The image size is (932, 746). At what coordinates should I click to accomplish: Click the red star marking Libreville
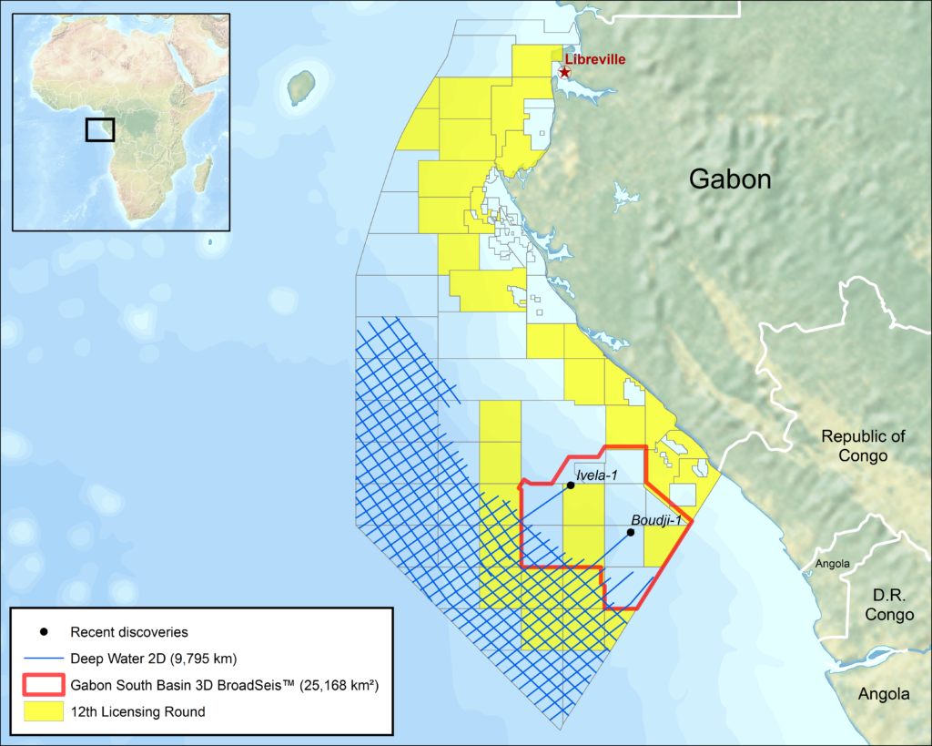pos(565,72)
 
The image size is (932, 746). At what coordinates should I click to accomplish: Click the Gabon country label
pos(729,179)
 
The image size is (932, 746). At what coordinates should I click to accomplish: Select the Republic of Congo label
pos(863,445)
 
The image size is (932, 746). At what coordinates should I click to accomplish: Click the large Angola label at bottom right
pos(884,694)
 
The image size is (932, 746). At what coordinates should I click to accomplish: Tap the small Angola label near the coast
pos(832,564)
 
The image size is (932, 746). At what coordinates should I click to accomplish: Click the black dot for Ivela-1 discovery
pos(570,485)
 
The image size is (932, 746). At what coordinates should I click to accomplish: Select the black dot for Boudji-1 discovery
pos(631,532)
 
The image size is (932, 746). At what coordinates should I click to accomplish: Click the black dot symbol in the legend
pos(44,631)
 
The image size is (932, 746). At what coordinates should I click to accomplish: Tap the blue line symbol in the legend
pos(44,658)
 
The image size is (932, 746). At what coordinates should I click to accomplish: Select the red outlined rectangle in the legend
pos(44,685)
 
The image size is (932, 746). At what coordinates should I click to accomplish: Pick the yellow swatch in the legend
pos(44,711)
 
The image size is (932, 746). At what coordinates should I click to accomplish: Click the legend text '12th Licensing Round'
pos(137,711)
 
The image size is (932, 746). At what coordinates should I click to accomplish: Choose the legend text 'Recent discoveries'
pos(129,631)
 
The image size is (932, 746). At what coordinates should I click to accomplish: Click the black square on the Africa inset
pos(100,129)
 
